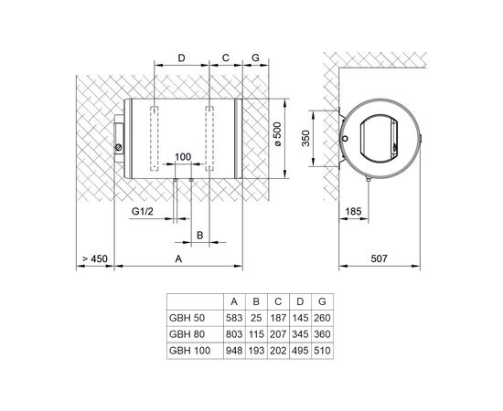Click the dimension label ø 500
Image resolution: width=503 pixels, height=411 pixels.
278,134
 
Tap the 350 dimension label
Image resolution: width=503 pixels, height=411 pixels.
306,138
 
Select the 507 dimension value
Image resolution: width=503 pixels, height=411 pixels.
380,258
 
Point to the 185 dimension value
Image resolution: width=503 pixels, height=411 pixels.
353,211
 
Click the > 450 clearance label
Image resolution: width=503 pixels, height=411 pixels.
94,258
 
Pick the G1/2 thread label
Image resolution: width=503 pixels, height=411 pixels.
143,211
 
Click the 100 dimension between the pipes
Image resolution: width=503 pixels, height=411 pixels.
183,157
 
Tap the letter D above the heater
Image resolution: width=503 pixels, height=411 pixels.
182,58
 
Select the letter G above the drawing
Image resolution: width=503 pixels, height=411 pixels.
255,58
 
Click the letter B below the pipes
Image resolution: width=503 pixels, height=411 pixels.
199,235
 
